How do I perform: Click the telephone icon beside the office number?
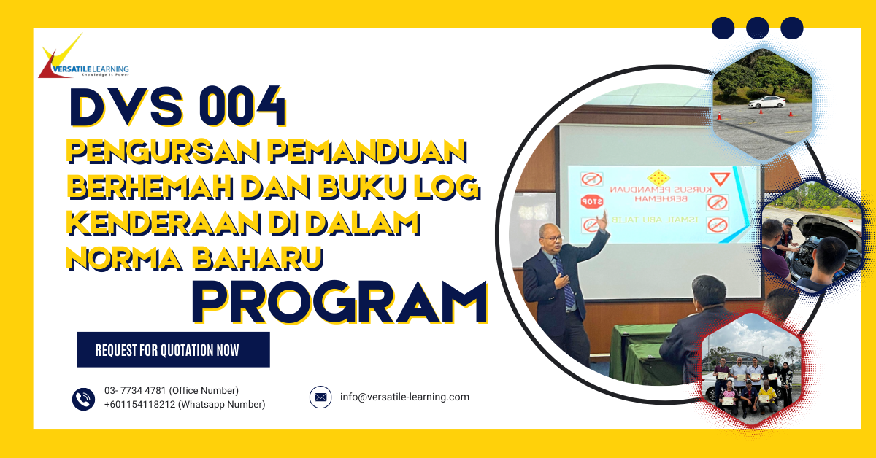coord(83,398)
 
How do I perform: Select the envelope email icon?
coord(320,397)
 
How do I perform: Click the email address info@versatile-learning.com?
coord(404,397)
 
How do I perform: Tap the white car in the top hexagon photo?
coord(766,102)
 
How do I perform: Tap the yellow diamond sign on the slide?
coord(659,176)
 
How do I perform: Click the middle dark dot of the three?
coord(757,28)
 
